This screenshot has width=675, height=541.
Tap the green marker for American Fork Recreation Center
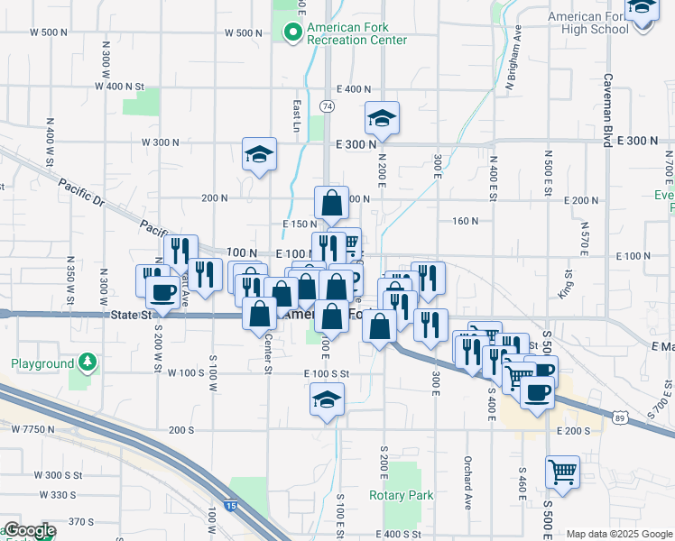292,33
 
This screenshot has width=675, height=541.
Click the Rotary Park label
402,495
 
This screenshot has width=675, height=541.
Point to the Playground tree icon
87,363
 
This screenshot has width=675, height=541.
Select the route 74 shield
327,106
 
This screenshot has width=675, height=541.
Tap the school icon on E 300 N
383,118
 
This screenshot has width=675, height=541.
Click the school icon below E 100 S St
327,400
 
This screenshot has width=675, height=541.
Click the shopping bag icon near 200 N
331,203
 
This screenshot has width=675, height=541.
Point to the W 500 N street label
50,32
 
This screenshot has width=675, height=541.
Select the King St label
567,282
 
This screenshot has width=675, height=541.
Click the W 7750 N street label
33,429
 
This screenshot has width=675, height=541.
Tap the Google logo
30,531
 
